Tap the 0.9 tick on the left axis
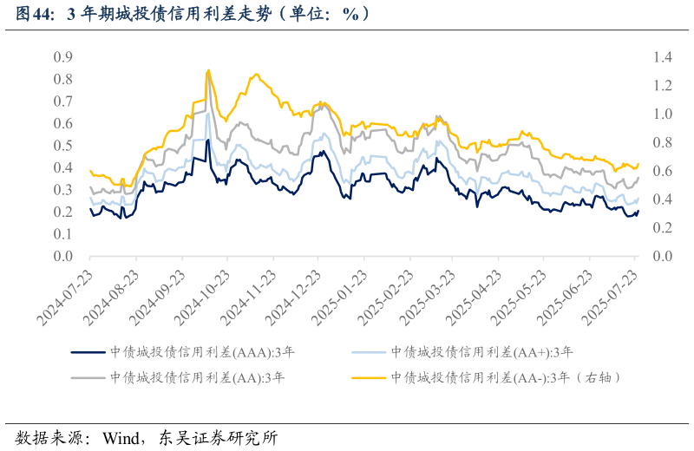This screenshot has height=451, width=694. click(x=62, y=57)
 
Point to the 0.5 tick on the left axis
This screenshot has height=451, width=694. click(x=62, y=146)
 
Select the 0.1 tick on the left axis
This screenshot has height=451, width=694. click(x=62, y=235)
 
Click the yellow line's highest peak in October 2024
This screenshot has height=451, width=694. click(x=208, y=70)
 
